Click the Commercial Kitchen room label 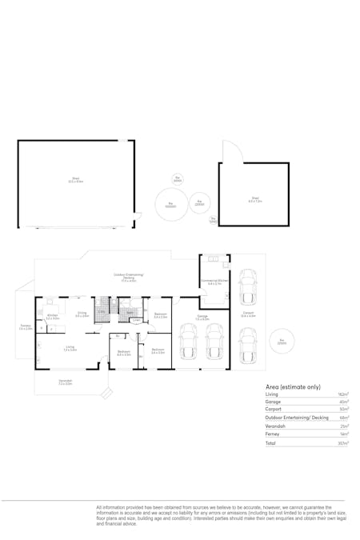click(x=214, y=282)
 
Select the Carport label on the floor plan click(x=248, y=314)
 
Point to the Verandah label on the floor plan click(x=66, y=382)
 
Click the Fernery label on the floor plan click(x=26, y=327)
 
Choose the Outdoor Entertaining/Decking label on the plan click(x=128, y=277)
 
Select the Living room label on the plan click(x=70, y=348)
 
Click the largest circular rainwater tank click(x=171, y=206)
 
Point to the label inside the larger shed click(x=76, y=181)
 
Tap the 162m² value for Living click(x=343, y=395)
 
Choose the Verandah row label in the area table click(x=275, y=425)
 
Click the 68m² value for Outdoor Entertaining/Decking click(x=344, y=417)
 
